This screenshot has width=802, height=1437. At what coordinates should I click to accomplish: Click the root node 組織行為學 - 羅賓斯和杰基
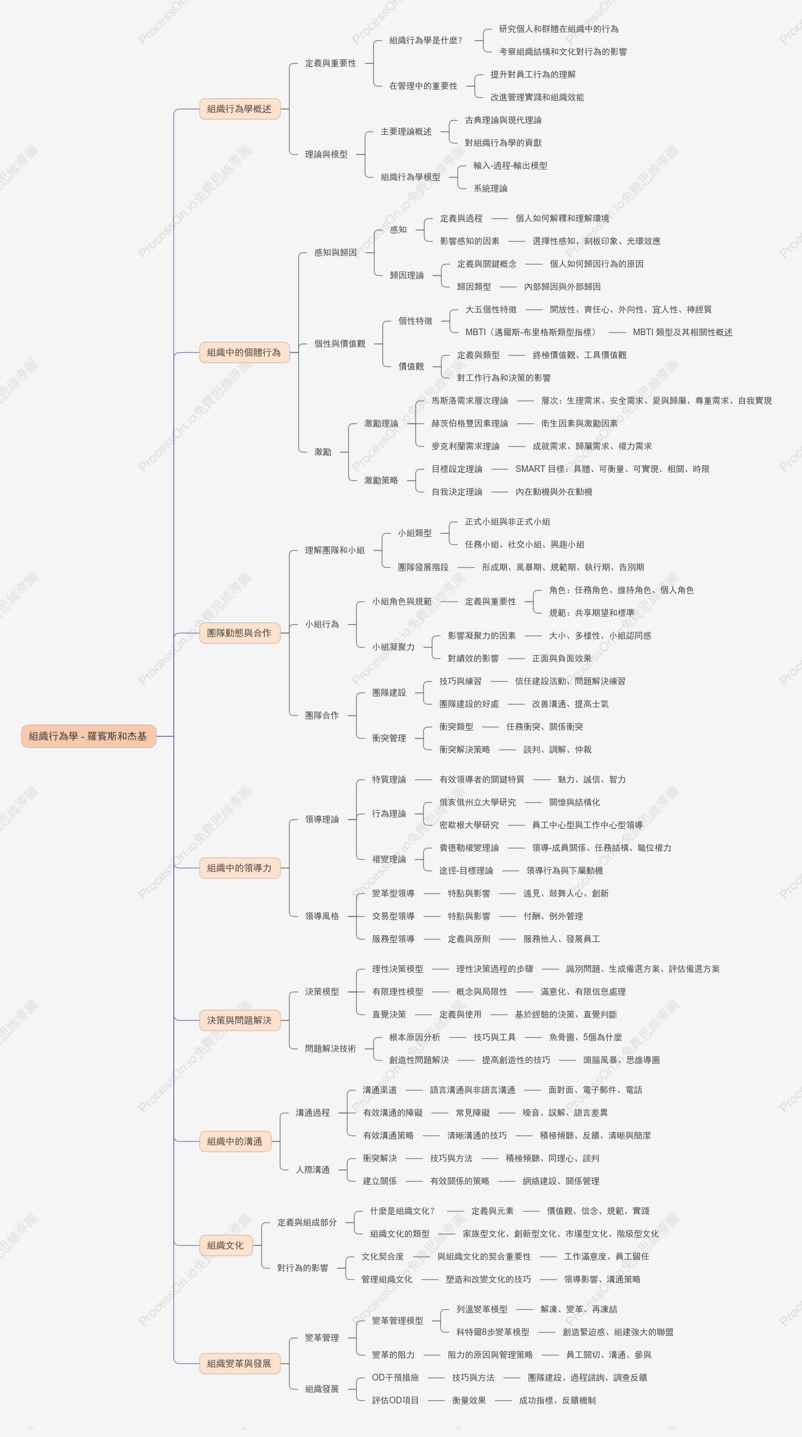pyautogui.click(x=89, y=736)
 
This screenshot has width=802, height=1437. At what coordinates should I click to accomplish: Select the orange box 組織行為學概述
pyautogui.click(x=239, y=109)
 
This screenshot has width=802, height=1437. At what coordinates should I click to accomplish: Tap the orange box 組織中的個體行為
pyautogui.click(x=244, y=353)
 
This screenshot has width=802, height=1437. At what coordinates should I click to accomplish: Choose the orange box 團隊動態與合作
pyautogui.click(x=239, y=633)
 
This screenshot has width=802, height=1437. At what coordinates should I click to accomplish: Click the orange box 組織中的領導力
pyautogui.click(x=239, y=868)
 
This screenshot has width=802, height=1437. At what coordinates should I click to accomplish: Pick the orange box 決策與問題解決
pyautogui.click(x=239, y=1020)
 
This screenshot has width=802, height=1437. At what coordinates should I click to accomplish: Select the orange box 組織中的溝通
pyautogui.click(x=235, y=1141)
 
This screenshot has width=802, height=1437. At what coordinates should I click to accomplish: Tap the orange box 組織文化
pyautogui.click(x=226, y=1245)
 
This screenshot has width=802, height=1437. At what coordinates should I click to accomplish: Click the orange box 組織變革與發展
pyautogui.click(x=239, y=1363)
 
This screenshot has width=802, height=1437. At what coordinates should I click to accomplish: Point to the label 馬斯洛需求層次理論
pyautogui.click(x=470, y=401)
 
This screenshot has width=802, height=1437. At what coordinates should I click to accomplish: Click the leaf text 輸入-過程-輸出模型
pyautogui.click(x=510, y=166)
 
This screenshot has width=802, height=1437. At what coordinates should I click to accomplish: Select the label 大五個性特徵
pyautogui.click(x=491, y=310)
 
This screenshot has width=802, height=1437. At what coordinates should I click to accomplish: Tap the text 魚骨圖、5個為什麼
pyautogui.click(x=585, y=1037)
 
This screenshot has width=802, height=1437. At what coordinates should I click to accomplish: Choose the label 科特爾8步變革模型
pyautogui.click(x=493, y=1332)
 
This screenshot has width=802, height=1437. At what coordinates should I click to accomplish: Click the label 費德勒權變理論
pyautogui.click(x=469, y=848)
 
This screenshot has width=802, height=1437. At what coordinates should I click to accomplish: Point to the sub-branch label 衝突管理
pyautogui.click(x=389, y=738)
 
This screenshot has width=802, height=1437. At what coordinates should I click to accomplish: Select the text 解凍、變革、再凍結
pyautogui.click(x=579, y=1309)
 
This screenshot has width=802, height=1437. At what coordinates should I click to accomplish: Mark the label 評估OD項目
pyautogui.click(x=395, y=1400)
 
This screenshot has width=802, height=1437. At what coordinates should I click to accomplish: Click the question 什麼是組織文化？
pyautogui.click(x=402, y=1211)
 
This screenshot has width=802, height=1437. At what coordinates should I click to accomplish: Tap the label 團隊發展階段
pyautogui.click(x=423, y=567)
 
